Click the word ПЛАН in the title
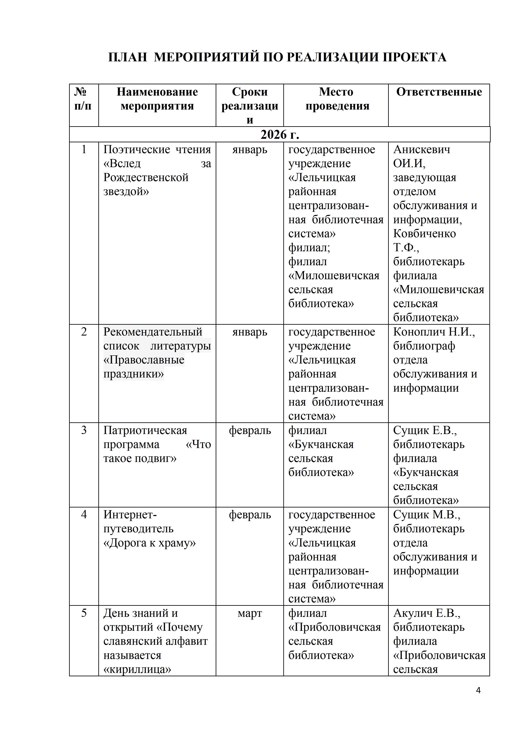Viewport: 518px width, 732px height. [128, 57]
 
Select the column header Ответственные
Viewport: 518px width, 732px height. [439, 92]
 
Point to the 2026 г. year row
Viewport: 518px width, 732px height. [279, 135]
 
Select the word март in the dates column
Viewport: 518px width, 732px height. [250, 613]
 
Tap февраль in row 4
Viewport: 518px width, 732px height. [250, 515]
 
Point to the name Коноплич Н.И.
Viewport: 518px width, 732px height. [434, 332]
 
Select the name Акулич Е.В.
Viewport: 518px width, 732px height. [427, 613]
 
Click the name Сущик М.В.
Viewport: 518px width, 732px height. [427, 515]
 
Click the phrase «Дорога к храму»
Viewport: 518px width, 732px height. [149, 543]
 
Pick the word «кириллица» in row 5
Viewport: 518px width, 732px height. [137, 669]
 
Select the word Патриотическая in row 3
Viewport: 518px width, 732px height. [145, 430]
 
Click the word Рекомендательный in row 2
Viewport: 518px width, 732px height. [152, 332]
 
